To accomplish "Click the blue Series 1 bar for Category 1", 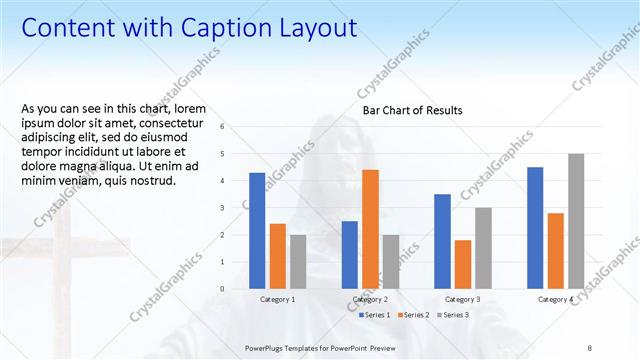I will [x=257, y=230].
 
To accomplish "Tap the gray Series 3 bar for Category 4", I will [x=576, y=220].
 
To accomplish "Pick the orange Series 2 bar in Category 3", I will [x=462, y=264].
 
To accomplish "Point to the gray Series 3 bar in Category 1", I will [x=298, y=261].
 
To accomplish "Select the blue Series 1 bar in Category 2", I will [x=349, y=254].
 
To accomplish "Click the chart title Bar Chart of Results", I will [x=412, y=110].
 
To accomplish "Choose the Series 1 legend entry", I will [x=377, y=315].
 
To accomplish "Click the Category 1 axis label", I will [x=277, y=299].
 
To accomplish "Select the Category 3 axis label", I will [x=462, y=299].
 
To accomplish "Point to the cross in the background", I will [x=62, y=260].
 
